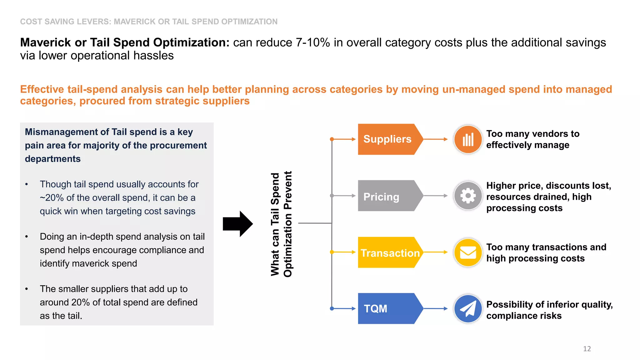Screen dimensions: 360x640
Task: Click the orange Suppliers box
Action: pyautogui.click(x=387, y=139)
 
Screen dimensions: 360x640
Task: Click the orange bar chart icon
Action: pyautogui.click(x=468, y=139)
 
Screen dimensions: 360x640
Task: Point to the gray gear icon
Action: pyautogui.click(x=468, y=196)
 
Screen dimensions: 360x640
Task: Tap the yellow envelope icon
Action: pyautogui.click(x=468, y=252)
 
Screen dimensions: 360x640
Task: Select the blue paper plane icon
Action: pyautogui.click(x=468, y=308)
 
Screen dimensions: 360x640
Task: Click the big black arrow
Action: pyautogui.click(x=238, y=224)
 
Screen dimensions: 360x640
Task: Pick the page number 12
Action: pyautogui.click(x=587, y=349)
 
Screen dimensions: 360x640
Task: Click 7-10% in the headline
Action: pyautogui.click(x=313, y=43)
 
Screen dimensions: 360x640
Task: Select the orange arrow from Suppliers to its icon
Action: pyautogui.click(x=435, y=139)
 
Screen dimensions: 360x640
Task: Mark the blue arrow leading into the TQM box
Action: pyautogui.click(x=344, y=308)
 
